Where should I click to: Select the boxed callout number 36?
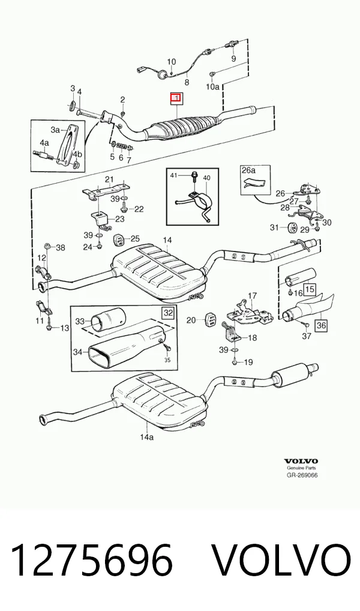click(320, 325)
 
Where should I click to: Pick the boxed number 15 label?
click(310, 289)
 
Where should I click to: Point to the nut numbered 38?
click(47, 245)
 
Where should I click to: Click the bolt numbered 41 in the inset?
click(194, 178)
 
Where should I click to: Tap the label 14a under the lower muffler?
click(147, 437)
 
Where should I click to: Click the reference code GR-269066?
click(302, 475)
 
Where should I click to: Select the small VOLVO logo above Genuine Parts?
click(301, 461)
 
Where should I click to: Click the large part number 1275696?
click(92, 560)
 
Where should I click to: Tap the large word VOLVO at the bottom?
click(283, 560)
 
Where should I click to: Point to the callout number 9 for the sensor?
click(234, 59)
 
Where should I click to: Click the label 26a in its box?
click(248, 170)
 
